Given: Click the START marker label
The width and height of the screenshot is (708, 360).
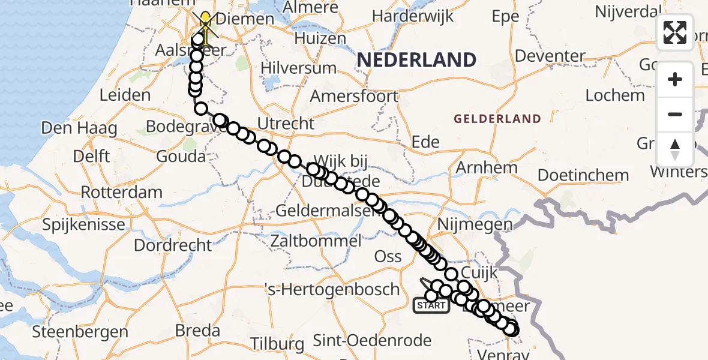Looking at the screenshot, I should point(431,305).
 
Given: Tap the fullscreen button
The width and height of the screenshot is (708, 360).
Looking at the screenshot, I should point(675,32).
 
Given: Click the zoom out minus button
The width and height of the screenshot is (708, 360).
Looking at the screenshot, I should point(675,114).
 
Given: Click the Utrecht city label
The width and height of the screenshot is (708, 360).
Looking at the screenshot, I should point(286,124).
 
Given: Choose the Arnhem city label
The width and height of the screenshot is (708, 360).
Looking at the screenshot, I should point(487,167).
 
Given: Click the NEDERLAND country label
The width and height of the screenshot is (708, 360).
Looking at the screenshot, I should point(416,60).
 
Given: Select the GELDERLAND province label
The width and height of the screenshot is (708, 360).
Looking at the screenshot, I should point(497,119).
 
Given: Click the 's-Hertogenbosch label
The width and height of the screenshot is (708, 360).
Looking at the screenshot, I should point(332,289).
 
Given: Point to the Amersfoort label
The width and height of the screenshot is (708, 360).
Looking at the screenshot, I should point(354,96).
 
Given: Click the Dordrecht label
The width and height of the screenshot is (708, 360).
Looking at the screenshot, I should point(173,245).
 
